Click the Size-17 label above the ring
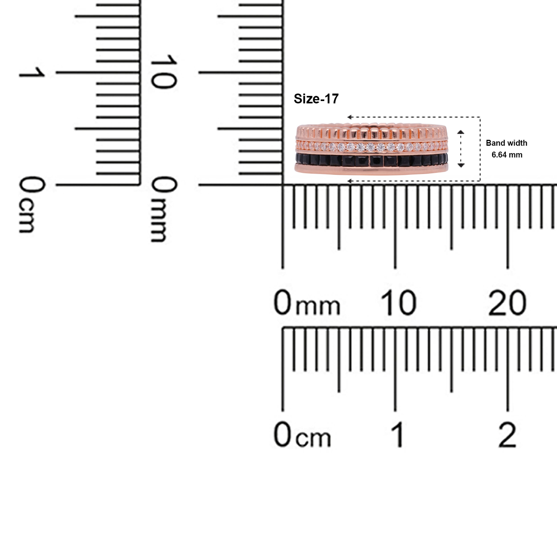(x=316, y=99)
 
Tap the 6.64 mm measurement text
(x=507, y=155)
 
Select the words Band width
(x=507, y=143)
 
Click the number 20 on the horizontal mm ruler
(x=507, y=303)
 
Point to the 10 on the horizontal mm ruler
(x=398, y=303)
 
